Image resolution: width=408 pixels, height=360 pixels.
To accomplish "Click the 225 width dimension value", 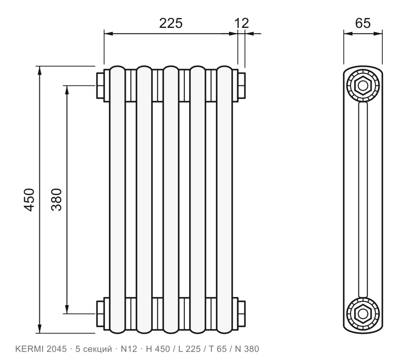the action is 171,23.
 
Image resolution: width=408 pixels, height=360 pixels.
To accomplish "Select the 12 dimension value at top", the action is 242,23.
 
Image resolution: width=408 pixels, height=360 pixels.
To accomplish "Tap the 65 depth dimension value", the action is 363,23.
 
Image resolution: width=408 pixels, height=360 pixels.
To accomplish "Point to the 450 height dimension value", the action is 29,200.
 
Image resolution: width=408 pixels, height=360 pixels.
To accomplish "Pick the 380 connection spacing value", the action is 57,200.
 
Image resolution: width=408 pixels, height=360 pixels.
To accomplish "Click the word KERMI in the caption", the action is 29,349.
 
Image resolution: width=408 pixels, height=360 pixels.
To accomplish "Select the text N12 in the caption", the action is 129,349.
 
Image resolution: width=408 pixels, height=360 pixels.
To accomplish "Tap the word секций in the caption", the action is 97,349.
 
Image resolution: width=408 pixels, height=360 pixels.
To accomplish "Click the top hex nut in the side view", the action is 363,85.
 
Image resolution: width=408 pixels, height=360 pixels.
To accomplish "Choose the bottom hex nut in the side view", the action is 363,314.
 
